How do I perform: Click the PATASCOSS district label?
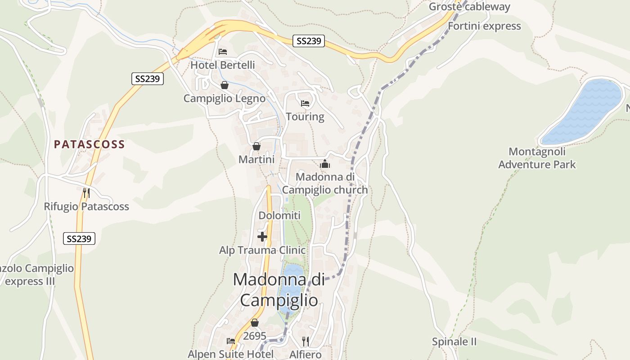(89, 144)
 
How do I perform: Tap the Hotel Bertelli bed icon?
(223, 52)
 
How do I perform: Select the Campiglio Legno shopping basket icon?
(225, 85)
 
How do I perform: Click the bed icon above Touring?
(305, 103)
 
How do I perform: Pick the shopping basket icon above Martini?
(256, 146)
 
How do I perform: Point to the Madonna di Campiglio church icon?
(325, 164)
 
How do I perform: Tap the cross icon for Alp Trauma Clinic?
(262, 236)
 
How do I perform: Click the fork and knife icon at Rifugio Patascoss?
(86, 193)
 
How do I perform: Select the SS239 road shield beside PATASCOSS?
(148, 79)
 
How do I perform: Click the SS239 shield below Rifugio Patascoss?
(79, 238)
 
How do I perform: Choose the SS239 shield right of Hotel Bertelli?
(309, 41)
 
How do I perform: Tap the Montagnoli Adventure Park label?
(537, 158)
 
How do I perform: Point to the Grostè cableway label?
(469, 7)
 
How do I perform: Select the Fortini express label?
(484, 26)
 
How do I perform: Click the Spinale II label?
(454, 342)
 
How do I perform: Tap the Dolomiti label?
(279, 216)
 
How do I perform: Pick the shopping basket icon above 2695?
(255, 323)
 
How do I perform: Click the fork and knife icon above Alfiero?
(306, 341)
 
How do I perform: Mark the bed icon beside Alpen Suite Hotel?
(231, 341)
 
